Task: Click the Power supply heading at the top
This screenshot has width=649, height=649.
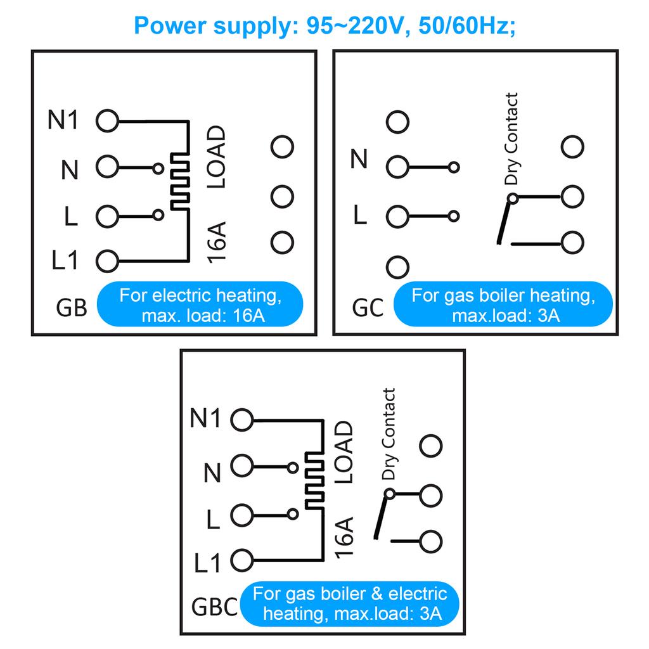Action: point(324,25)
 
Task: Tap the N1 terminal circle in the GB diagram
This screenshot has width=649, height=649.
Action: point(107,120)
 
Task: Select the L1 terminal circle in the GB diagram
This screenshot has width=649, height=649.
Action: point(107,260)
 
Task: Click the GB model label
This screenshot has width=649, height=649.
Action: point(72,308)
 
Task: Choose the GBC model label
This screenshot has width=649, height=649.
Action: point(214,607)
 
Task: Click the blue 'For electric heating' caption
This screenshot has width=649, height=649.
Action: point(199,305)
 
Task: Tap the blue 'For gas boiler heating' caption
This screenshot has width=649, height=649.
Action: point(502,305)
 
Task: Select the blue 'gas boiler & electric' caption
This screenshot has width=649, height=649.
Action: point(350,603)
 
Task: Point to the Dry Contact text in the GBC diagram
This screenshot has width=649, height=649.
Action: point(388,434)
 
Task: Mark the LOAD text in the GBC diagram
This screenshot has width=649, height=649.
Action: point(342,453)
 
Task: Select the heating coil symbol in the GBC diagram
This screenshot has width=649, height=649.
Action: point(314,479)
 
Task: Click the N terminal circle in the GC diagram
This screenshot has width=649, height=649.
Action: point(397,167)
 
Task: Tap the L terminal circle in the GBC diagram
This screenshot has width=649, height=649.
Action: point(242,515)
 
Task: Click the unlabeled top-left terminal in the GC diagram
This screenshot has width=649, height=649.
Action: point(398,122)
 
